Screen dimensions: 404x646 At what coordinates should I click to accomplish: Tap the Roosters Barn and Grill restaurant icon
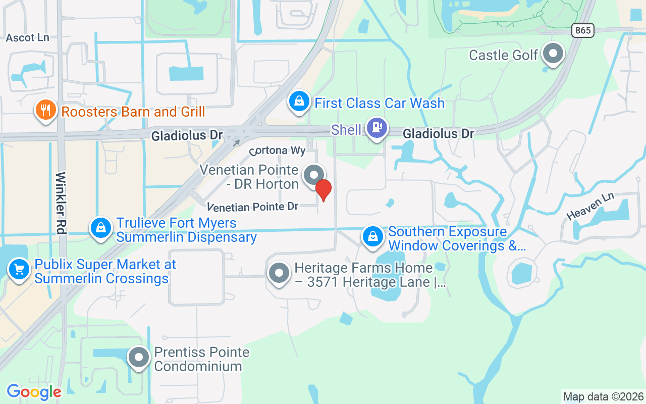point(45,110)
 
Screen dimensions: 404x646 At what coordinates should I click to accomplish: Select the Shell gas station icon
point(376,128)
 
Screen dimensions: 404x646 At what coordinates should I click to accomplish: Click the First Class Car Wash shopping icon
point(299,102)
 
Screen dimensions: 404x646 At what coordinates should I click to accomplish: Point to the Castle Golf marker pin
point(554,53)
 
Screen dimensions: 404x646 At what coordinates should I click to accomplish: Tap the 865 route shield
point(582,30)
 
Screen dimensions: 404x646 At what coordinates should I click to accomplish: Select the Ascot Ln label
point(27,38)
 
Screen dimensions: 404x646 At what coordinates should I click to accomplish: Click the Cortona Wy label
point(277,151)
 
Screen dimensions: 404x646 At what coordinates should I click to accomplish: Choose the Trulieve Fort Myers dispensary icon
point(101,228)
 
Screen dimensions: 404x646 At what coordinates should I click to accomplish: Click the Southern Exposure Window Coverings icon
point(373,236)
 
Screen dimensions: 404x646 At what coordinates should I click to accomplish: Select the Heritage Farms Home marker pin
point(279,273)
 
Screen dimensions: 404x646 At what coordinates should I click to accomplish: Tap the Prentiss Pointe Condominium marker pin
point(139,358)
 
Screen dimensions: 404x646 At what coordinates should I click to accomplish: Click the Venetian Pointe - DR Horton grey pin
point(313,176)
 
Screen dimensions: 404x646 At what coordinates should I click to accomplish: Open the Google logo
point(34,392)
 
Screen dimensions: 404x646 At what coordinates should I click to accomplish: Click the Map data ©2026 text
point(604,396)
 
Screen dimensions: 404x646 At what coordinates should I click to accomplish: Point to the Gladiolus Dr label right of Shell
point(438,134)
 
